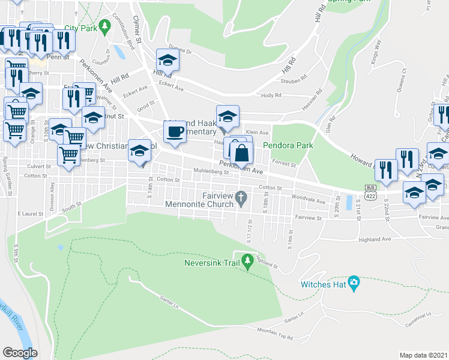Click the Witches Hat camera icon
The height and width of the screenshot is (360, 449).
pos(354,282)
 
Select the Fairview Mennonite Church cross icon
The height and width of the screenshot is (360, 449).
pos(241,197)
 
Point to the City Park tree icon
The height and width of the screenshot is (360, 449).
pos(106,26)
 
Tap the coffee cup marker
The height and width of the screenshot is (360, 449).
pos(175,131)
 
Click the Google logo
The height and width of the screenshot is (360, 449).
pos(19,353)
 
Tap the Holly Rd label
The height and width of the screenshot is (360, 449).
pos(271,95)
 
